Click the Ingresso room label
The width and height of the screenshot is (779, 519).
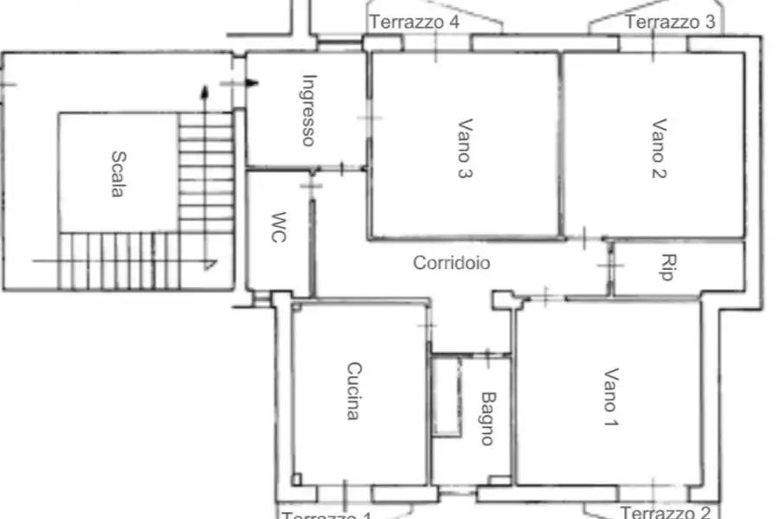point(307,110)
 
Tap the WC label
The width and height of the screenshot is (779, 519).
point(278,227)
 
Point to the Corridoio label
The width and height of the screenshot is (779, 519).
point(451,263)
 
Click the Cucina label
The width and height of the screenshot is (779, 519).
point(353,391)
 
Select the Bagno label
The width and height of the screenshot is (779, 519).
point(487,419)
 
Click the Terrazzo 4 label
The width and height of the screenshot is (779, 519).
point(415,22)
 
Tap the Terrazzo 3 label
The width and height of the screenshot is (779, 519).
point(670,22)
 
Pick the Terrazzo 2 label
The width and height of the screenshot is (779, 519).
point(666,512)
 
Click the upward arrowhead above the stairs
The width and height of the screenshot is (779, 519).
point(204,90)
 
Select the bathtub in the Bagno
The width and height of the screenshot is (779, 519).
point(446,396)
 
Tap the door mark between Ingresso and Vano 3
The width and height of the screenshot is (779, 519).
point(370,119)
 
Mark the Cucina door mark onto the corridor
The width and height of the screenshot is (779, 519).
point(428,325)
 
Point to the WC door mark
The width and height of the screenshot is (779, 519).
point(311,184)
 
